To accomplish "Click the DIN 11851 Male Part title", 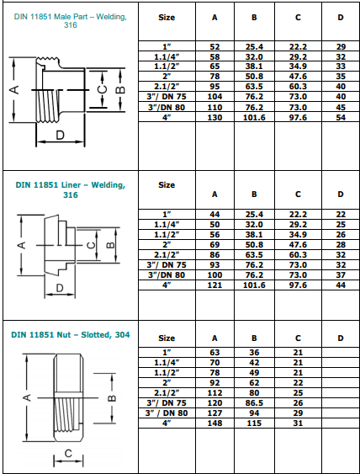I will (71, 21).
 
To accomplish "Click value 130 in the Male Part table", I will (214, 117).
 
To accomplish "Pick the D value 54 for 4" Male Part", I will (340, 117).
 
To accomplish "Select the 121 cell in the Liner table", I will (214, 286).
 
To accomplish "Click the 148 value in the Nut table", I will (214, 423).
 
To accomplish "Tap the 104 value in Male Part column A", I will (214, 98).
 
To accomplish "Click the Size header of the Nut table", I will (167, 338).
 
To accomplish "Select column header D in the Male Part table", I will (340, 17).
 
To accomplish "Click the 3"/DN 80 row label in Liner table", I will (167, 275).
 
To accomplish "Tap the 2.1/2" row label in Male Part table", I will (167, 86).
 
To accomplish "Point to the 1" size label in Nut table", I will (167, 351).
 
